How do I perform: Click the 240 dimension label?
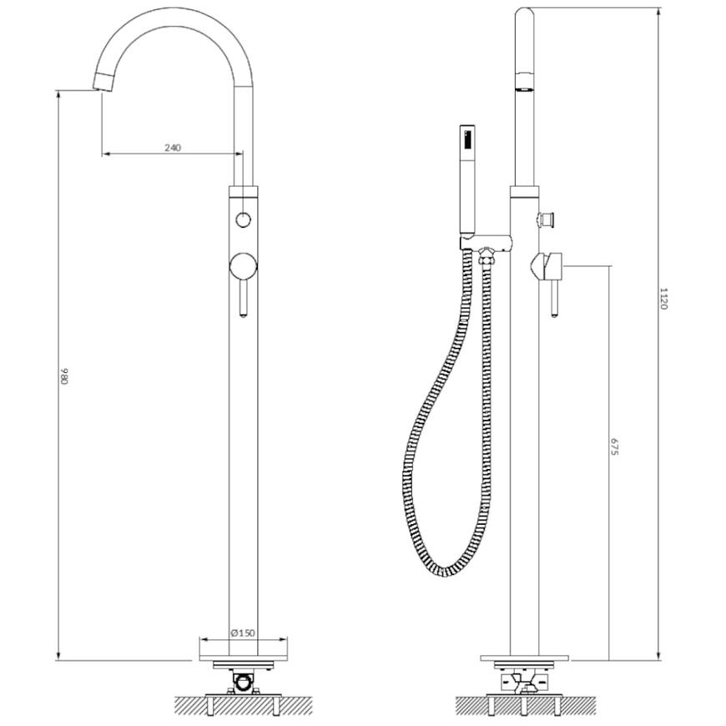pos(172,148)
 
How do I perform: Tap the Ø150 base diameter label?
pos(243,633)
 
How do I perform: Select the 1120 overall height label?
pos(663,299)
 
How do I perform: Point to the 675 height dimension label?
pos(614,446)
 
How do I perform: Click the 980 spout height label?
pos(64,376)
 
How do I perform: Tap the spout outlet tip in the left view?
pos(103,83)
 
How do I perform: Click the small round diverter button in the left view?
pos(244,219)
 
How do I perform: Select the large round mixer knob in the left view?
pos(243,267)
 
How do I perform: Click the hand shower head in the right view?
pos(467,180)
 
